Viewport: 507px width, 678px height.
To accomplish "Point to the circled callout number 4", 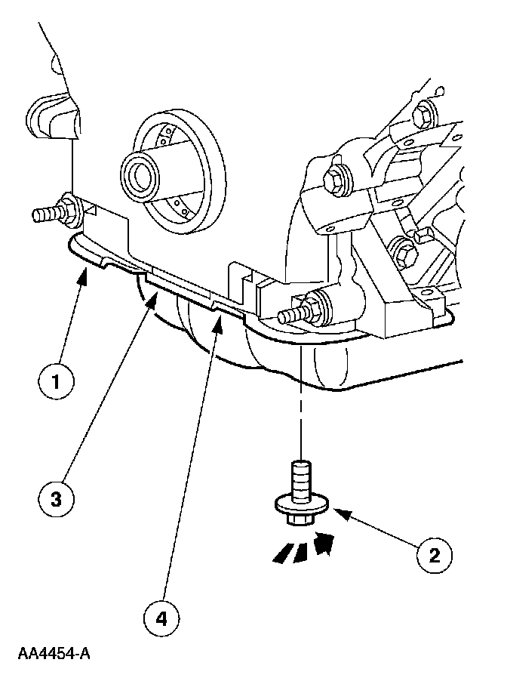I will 161,620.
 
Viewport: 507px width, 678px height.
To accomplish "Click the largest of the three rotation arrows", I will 325,543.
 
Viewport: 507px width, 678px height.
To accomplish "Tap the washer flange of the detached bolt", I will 300,502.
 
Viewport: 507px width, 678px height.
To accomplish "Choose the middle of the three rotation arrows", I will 301,550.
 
